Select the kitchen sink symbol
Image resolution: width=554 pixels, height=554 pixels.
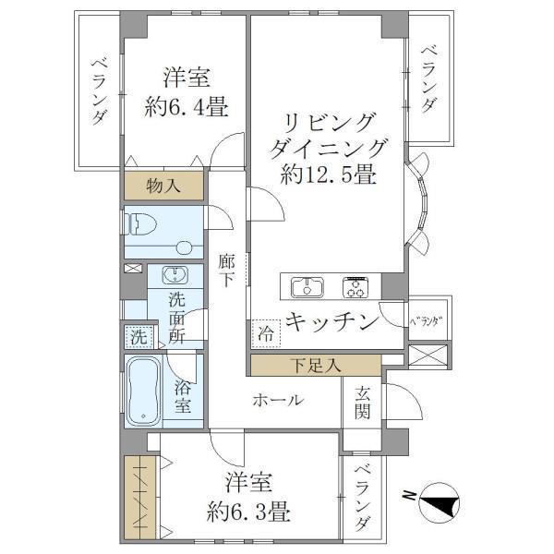click(x=306, y=287)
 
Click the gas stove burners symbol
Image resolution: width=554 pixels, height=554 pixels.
click(x=356, y=287)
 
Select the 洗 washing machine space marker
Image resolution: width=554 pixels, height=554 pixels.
click(x=137, y=337)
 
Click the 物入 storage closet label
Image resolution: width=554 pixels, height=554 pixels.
click(x=164, y=186)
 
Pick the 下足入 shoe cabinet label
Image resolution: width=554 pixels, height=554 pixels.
click(x=313, y=365)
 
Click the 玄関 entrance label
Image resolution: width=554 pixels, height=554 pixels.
click(x=361, y=403)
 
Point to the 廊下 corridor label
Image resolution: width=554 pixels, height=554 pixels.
click(x=227, y=271)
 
